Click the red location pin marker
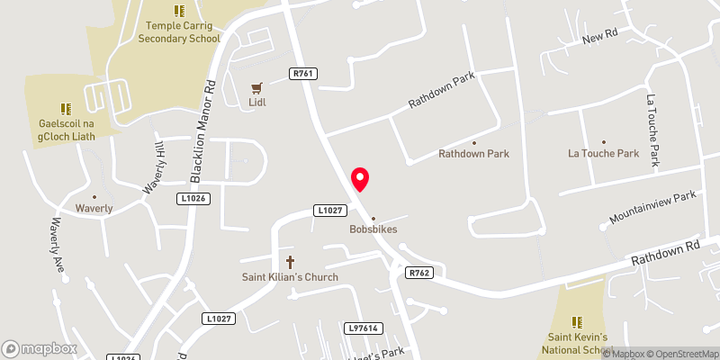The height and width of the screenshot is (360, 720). pos(360,179)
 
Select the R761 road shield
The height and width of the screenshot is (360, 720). pos(304,73)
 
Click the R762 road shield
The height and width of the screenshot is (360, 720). pos(419,273)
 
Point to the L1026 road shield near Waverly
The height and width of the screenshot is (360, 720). pos(194,198)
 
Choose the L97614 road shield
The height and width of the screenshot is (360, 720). pos(362,329)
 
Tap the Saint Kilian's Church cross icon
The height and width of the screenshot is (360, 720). pos(290,262)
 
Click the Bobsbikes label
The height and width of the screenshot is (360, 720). pos(373,229)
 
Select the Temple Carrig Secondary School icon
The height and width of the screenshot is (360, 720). pos(178,12)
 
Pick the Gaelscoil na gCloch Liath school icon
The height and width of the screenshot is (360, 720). pos(65,107)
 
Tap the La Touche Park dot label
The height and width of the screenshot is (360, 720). pos(603,153)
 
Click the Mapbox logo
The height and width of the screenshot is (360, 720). pos(39,347)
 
